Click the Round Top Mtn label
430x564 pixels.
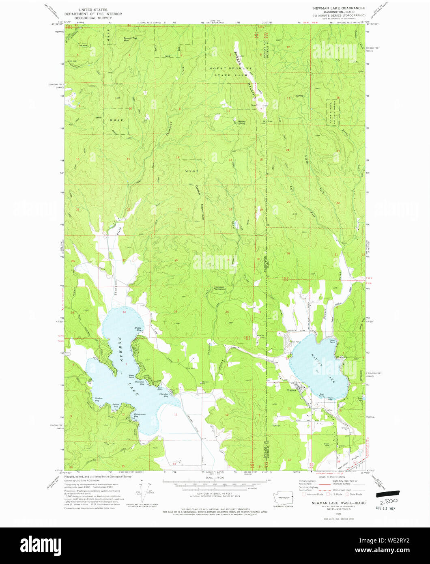point(129,39)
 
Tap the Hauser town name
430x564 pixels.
point(292,390)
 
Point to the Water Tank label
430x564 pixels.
point(326,444)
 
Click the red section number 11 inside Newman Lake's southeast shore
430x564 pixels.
point(176,414)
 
